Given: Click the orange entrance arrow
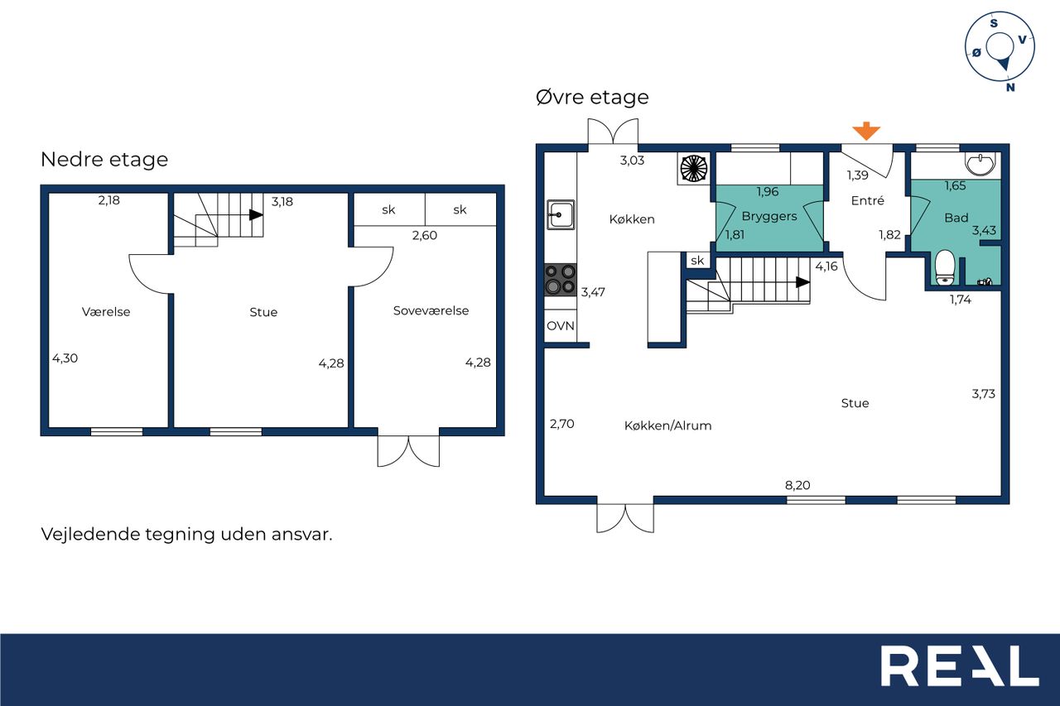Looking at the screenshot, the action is (x=866, y=131).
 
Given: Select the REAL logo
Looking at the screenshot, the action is (x=960, y=665).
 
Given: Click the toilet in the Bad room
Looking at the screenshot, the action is (x=945, y=267).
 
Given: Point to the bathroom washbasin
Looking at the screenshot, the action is (x=981, y=164).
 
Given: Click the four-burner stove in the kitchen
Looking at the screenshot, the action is (x=561, y=280).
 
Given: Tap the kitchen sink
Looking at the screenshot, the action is (x=561, y=214).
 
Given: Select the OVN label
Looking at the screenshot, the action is (x=561, y=326).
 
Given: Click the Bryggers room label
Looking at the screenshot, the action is (x=769, y=217).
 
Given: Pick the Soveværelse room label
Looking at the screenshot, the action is (x=431, y=310).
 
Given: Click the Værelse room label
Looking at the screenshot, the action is (x=106, y=312).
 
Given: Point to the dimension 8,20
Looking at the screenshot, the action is (x=797, y=485).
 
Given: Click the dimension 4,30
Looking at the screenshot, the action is (x=65, y=358).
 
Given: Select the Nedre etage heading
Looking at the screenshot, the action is (x=104, y=160).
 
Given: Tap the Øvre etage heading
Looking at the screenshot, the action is (x=592, y=97).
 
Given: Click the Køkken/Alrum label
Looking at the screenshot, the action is (x=667, y=425).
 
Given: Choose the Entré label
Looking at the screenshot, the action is (x=867, y=200).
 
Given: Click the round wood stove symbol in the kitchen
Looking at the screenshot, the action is (x=694, y=168).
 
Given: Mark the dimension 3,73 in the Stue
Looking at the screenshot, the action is (x=983, y=394).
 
